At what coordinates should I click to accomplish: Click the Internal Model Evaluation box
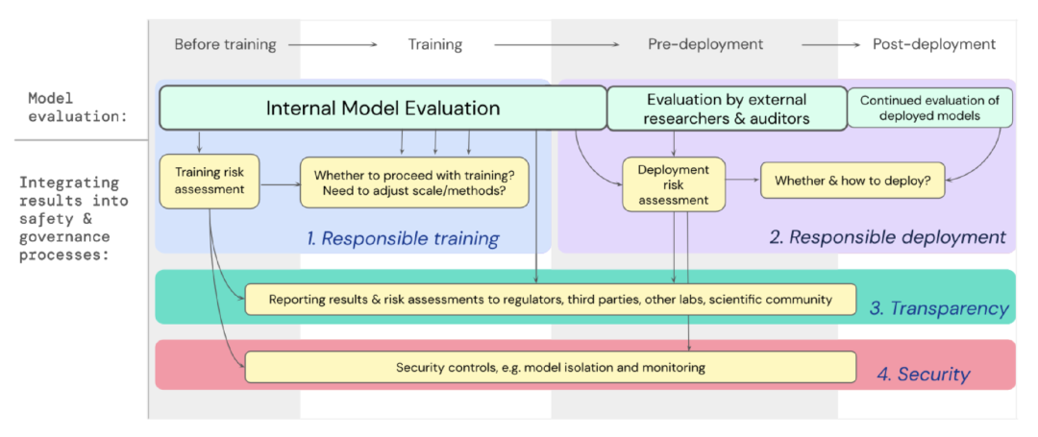[383, 108]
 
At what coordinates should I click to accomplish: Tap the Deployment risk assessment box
[674, 183]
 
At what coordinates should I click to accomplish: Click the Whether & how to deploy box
[853, 180]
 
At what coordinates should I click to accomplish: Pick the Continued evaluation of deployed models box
[930, 108]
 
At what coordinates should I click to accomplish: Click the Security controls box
[550, 367]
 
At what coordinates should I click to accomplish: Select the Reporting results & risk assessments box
[550, 299]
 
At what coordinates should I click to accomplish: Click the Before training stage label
[225, 44]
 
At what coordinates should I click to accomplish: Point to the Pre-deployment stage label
[705, 44]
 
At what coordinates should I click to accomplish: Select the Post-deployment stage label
[934, 44]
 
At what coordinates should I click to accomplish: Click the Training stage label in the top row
[434, 44]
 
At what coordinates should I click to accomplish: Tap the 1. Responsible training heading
[403, 238]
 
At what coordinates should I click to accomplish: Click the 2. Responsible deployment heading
[887, 236]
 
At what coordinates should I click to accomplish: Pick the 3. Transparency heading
[939, 308]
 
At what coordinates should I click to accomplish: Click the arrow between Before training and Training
[333, 44]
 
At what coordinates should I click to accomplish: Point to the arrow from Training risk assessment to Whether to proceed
[280, 185]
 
